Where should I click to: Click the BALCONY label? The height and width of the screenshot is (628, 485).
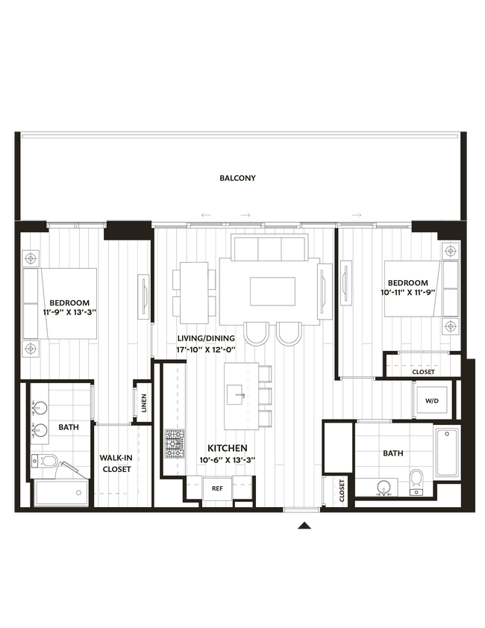pos(237,178)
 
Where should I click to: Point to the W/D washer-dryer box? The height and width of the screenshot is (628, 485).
pos(432,401)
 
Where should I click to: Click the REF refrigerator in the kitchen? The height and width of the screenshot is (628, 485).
pos(217,488)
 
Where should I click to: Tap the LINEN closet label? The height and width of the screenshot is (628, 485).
pos(143,403)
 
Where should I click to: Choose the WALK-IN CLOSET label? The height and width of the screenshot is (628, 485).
pos(116,464)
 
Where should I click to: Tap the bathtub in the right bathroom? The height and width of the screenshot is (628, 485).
pos(449,452)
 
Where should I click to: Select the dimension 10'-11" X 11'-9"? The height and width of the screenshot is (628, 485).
pos(407,293)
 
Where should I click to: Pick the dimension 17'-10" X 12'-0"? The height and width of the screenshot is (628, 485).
pos(205,349)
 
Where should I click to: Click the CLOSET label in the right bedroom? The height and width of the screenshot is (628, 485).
pos(423,371)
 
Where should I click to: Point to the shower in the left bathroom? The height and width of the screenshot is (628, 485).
pos(61,494)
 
